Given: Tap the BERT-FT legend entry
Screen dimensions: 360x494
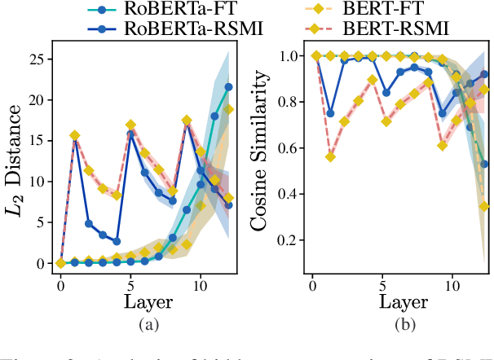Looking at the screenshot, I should [387, 11].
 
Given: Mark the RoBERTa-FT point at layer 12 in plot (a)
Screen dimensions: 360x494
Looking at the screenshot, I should [229, 86].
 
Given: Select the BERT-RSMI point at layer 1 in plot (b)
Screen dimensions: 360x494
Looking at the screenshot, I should [330, 156].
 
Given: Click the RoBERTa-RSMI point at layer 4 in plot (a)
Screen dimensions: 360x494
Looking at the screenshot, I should [117, 241].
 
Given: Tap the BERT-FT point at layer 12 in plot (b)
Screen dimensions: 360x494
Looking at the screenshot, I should [484, 206].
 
